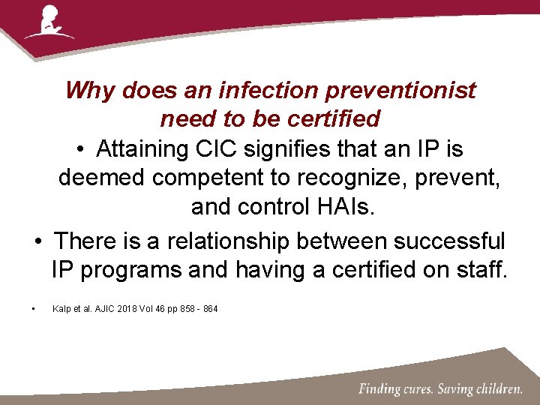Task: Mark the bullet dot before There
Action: click(x=37, y=242)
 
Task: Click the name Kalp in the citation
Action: click(x=61, y=309)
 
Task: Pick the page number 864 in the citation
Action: click(x=210, y=309)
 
